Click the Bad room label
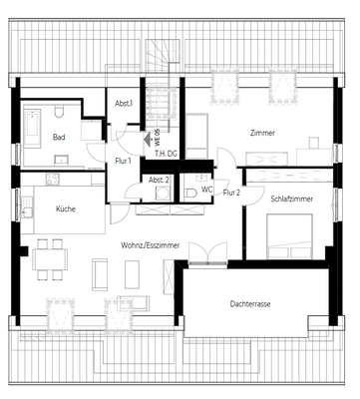(x=59, y=138)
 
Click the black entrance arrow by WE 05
(x=148, y=140)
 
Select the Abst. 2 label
(x=159, y=180)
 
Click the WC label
(x=206, y=189)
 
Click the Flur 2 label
(x=232, y=193)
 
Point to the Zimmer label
(x=262, y=133)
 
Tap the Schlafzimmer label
(x=291, y=199)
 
